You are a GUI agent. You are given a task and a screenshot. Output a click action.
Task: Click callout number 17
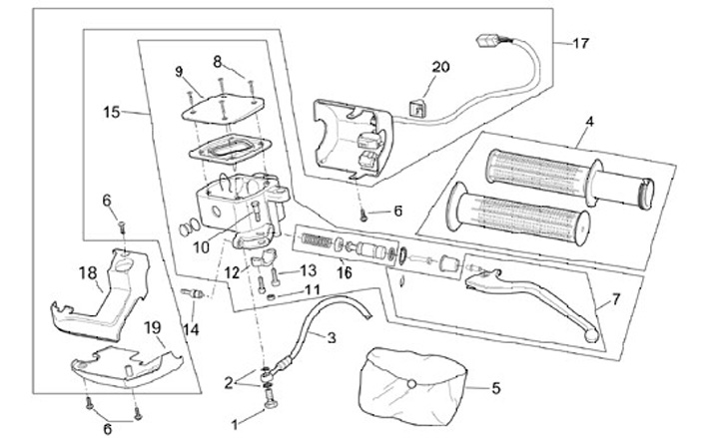(581, 43)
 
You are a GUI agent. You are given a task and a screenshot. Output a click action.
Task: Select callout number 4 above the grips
(589, 123)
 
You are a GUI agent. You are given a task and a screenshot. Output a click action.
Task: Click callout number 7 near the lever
(616, 298)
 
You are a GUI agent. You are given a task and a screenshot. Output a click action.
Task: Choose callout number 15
(111, 113)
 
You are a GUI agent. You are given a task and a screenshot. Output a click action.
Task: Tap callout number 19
(153, 326)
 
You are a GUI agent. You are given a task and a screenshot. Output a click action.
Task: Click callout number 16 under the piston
(346, 271)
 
